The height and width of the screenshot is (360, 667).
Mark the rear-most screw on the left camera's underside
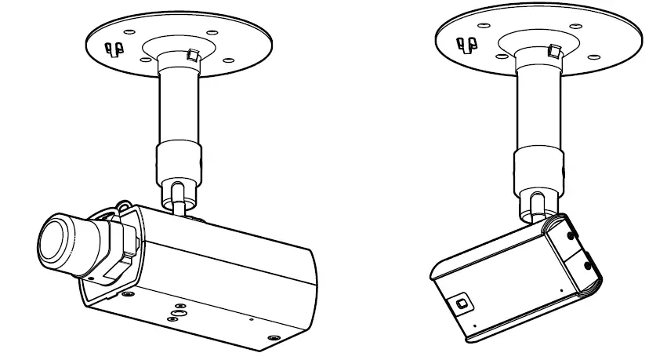click(x=272, y=337)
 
